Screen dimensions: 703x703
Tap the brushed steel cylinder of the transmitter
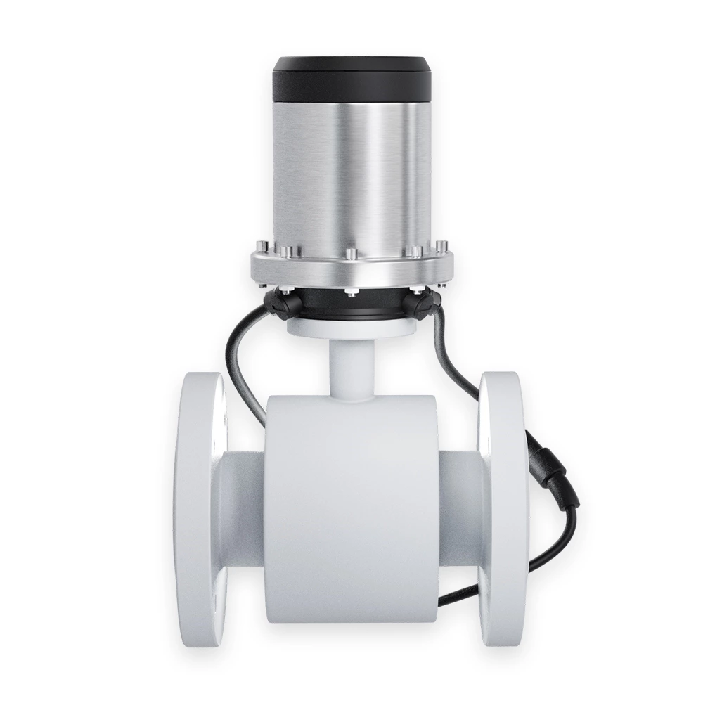tap(351, 169)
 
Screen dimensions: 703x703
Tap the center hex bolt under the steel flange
tap(351, 290)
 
